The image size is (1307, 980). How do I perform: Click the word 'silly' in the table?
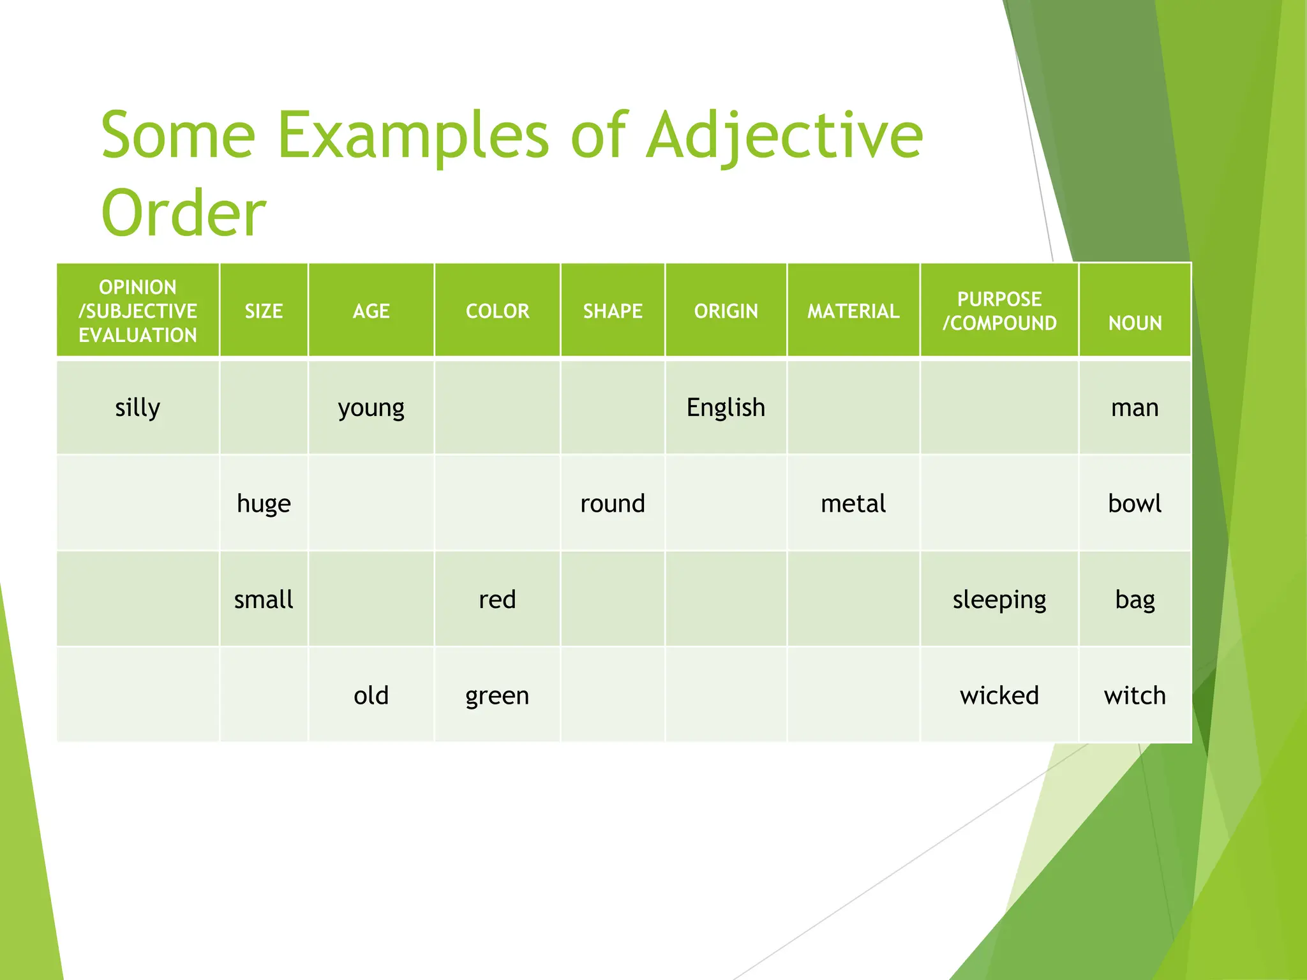137,407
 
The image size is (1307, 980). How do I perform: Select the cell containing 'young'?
371,407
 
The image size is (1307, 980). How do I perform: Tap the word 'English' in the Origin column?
726,407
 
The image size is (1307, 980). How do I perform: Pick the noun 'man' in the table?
1134,407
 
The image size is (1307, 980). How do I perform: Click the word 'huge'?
264,503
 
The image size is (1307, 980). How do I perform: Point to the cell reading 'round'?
612,503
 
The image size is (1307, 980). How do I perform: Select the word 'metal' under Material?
853,503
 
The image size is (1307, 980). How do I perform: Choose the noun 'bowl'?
1134,503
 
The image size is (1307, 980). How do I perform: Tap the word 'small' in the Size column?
264,599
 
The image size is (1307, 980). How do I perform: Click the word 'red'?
497,599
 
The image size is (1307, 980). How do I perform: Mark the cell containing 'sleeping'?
999,599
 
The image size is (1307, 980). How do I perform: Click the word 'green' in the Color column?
497,695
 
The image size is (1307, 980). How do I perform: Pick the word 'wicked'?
999,695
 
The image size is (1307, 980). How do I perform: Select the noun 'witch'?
1134,695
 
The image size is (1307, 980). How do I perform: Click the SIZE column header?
264,311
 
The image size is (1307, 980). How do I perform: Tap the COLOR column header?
497,311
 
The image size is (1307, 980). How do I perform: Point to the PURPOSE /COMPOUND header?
999,311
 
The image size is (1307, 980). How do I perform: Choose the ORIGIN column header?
726,311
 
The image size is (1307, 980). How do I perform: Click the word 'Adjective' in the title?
784,136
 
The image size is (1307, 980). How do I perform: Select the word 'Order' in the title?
183,212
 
